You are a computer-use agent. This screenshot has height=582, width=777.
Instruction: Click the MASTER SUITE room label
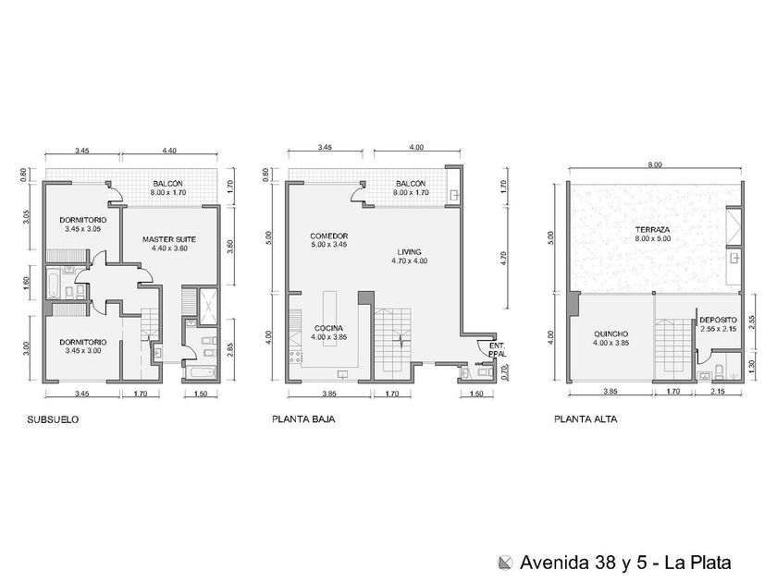(x=169, y=239)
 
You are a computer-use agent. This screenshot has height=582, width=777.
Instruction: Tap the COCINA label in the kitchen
(x=328, y=328)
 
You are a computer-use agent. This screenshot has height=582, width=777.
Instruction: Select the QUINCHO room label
(x=611, y=334)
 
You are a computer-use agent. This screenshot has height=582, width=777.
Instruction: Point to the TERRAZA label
(x=653, y=230)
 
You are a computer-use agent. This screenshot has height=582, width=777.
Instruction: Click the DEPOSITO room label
(x=718, y=321)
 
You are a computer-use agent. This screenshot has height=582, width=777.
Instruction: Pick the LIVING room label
(x=409, y=252)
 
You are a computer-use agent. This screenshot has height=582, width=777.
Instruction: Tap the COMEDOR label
(x=329, y=236)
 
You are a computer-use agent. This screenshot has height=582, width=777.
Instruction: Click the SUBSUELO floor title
(x=53, y=419)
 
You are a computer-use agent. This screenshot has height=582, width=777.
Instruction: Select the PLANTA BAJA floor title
(x=303, y=419)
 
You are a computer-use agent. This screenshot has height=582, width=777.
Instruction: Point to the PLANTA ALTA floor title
(x=586, y=419)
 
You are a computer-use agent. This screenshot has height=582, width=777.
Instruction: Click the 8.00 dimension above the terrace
(x=655, y=164)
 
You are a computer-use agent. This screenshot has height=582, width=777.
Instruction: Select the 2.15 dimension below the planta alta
(x=718, y=391)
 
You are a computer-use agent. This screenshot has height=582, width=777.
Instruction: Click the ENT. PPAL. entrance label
(x=497, y=350)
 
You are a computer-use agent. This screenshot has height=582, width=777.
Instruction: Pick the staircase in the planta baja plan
(x=392, y=341)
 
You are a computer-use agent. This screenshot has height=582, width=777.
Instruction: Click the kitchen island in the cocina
(x=330, y=318)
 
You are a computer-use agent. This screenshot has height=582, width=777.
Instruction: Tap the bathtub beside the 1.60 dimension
(x=53, y=284)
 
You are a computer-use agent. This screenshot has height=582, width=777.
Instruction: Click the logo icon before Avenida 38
(x=505, y=563)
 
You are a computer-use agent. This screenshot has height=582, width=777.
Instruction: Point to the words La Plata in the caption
(x=697, y=563)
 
